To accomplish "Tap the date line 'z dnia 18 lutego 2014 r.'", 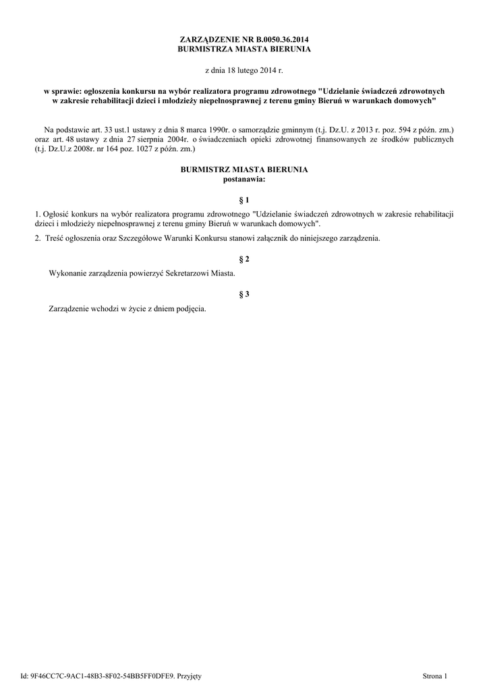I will [x=244, y=70].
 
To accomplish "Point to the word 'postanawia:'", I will [x=244, y=179].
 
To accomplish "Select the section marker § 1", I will [x=244, y=200].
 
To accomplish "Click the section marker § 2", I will [x=244, y=259].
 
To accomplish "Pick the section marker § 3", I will [x=244, y=294].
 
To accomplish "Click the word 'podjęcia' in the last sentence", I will [x=191, y=308].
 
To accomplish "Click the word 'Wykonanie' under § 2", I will [x=67, y=273].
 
